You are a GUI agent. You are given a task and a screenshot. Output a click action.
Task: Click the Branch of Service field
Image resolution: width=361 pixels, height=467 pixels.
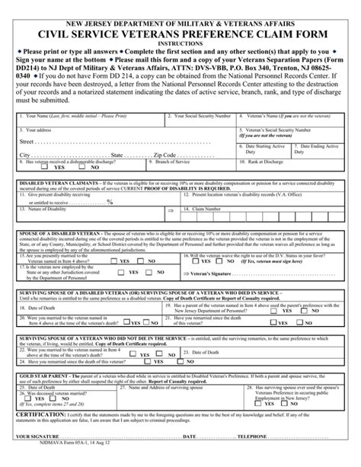pos(190,165)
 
